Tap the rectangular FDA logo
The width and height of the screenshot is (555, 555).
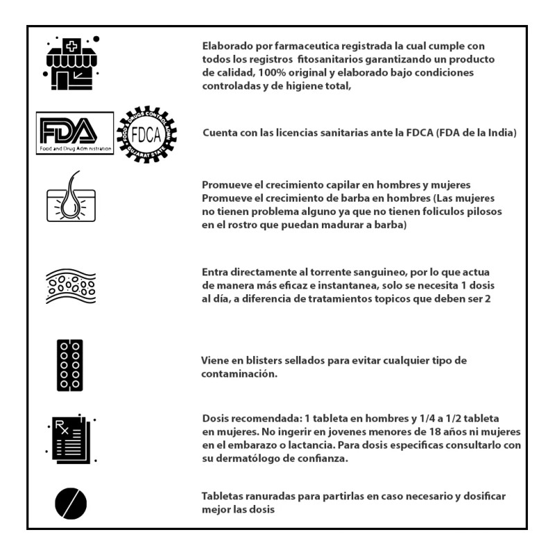click(x=75, y=134)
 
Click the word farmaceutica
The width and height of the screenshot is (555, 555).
click(x=287, y=46)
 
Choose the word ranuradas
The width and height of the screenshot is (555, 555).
click(x=275, y=496)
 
